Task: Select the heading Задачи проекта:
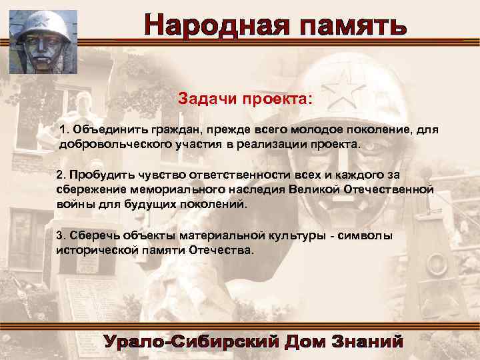pos(245,100)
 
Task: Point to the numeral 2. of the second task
pos(61,175)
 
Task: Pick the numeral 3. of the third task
pos(61,236)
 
